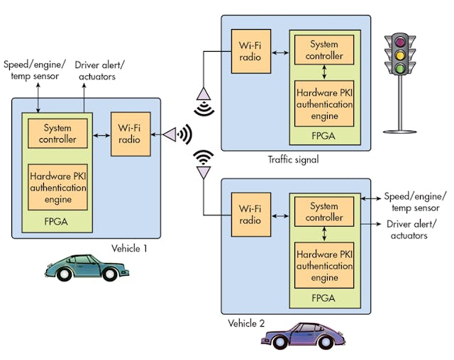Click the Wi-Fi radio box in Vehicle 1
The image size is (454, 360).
(130, 134)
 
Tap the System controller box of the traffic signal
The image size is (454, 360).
(323, 50)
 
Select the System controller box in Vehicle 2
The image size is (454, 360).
(323, 212)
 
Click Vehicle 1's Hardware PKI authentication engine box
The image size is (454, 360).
(57, 187)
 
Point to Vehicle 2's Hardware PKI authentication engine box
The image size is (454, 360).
(323, 266)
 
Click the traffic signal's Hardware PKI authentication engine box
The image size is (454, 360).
(323, 103)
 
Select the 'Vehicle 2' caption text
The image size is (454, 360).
(247, 323)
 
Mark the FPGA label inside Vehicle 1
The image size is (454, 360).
(57, 221)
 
